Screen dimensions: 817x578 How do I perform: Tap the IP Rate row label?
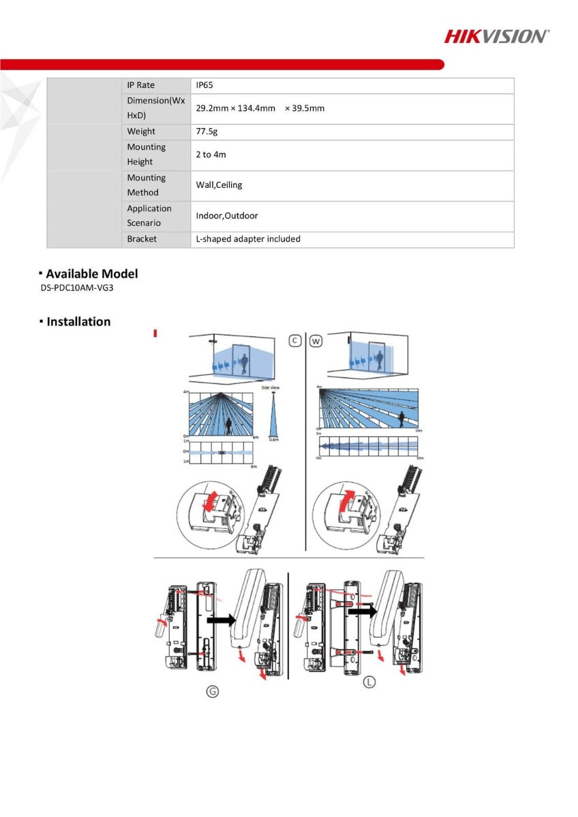(x=140, y=85)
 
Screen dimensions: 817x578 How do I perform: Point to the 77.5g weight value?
(x=207, y=131)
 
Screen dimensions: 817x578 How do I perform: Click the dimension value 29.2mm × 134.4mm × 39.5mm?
(x=260, y=108)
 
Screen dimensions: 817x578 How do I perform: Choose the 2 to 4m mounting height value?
(x=211, y=155)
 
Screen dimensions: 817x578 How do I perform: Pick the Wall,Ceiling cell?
(x=219, y=185)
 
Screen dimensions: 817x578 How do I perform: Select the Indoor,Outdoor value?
(x=227, y=216)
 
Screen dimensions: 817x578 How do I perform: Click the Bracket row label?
(x=141, y=239)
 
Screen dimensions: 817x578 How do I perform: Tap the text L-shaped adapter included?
(x=248, y=239)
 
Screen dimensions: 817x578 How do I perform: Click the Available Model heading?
(x=91, y=274)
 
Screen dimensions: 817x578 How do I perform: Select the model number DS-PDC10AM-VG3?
(x=76, y=288)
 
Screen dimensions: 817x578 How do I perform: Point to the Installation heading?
(x=78, y=322)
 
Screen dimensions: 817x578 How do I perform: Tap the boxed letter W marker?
(x=316, y=340)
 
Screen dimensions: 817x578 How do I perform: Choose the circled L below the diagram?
(x=369, y=682)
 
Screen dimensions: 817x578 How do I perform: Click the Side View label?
(x=270, y=387)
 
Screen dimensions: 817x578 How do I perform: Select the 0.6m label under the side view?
(x=273, y=440)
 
